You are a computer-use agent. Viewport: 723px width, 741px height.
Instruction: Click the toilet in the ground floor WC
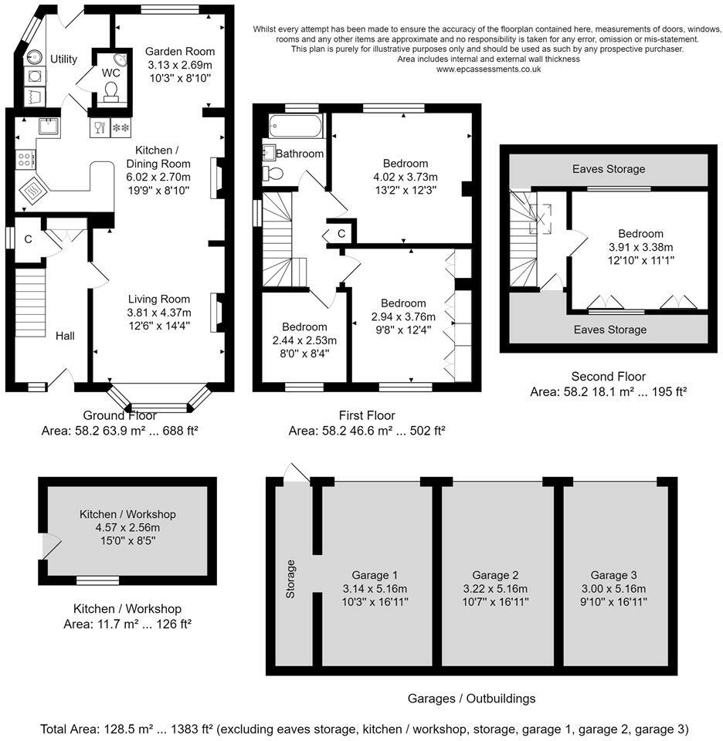coord(111,92)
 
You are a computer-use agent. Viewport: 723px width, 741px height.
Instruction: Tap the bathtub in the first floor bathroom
coord(296,126)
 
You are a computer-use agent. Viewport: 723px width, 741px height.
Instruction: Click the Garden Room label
coord(180,52)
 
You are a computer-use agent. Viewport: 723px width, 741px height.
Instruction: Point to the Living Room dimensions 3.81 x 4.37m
coord(159,313)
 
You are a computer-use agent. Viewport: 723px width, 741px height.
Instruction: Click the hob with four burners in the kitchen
coord(25,159)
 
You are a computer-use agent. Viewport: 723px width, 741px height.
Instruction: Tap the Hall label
coord(65,336)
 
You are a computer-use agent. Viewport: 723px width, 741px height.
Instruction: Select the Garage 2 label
coord(495,575)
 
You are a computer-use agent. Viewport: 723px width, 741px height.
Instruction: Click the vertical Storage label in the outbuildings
coord(290,579)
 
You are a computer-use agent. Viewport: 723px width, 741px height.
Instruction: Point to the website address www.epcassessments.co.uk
coord(488,69)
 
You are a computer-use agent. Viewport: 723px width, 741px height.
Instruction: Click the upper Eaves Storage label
coord(609,169)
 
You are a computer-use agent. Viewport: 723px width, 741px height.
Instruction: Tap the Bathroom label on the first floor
coord(300,154)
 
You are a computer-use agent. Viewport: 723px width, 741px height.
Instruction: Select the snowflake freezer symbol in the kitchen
coord(120,128)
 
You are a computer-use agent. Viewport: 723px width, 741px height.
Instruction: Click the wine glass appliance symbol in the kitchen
coord(100,128)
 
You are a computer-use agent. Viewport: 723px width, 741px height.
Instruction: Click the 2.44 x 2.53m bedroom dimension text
coord(304,340)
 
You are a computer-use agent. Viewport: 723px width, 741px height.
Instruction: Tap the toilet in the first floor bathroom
coord(273,174)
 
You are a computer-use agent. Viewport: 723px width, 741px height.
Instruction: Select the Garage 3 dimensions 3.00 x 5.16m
coord(613,589)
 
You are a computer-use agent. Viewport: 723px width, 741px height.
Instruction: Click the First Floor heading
coord(367,415)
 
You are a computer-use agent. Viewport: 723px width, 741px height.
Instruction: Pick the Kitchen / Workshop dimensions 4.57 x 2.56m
coord(127,527)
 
